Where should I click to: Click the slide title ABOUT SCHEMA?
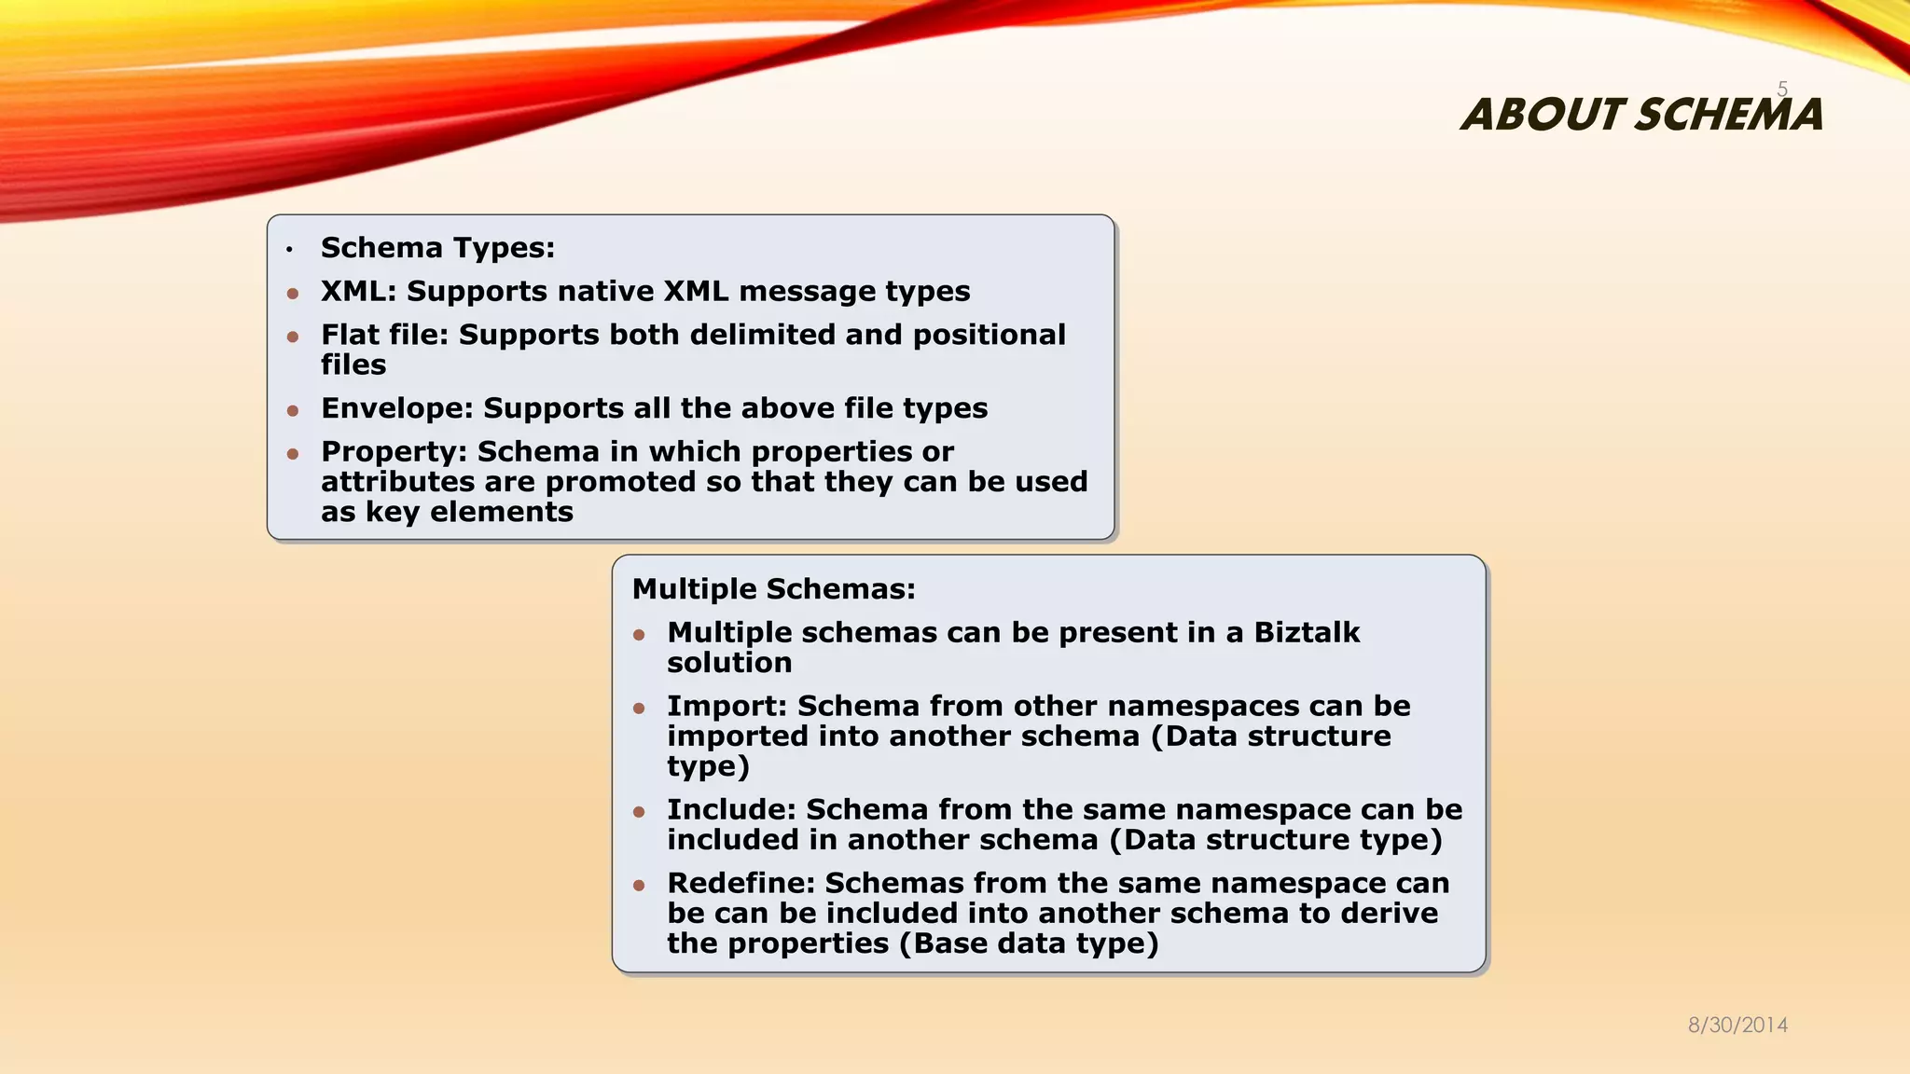[1641, 115]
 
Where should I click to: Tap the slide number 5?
[1782, 89]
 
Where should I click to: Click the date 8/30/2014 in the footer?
[1737, 1026]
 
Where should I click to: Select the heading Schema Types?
[437, 248]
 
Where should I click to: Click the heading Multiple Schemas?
[773, 589]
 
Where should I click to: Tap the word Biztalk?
[1306, 633]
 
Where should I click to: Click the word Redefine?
[740, 883]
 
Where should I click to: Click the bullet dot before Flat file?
[293, 337]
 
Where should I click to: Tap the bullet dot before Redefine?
[639, 885]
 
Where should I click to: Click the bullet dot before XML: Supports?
[293, 294]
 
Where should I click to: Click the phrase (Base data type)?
[1029, 943]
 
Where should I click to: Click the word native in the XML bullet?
[605, 292]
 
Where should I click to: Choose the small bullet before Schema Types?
[290, 250]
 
